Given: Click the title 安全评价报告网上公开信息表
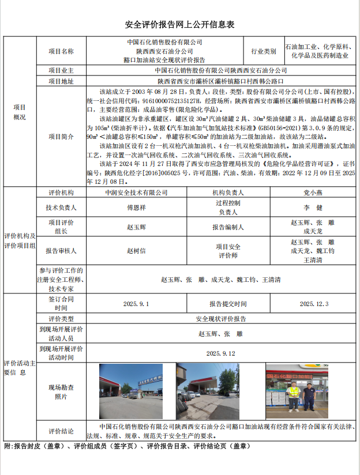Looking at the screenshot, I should click(180, 25).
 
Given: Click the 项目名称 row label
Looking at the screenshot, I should click(61, 51).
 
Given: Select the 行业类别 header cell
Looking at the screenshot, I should click(264, 51).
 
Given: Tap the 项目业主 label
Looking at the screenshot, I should click(61, 70).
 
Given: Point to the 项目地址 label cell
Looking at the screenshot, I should click(61, 81).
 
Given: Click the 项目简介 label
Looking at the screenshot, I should click(61, 137).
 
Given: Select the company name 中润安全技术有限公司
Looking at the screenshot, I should click(136, 193).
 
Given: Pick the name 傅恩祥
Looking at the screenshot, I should click(136, 207).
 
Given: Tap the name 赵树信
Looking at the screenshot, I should click(136, 250).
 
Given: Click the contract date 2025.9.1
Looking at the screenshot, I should click(136, 303).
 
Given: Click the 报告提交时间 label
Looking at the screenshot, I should click(228, 303).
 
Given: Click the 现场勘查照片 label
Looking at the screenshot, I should click(61, 391).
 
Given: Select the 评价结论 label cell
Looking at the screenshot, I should click(61, 431).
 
